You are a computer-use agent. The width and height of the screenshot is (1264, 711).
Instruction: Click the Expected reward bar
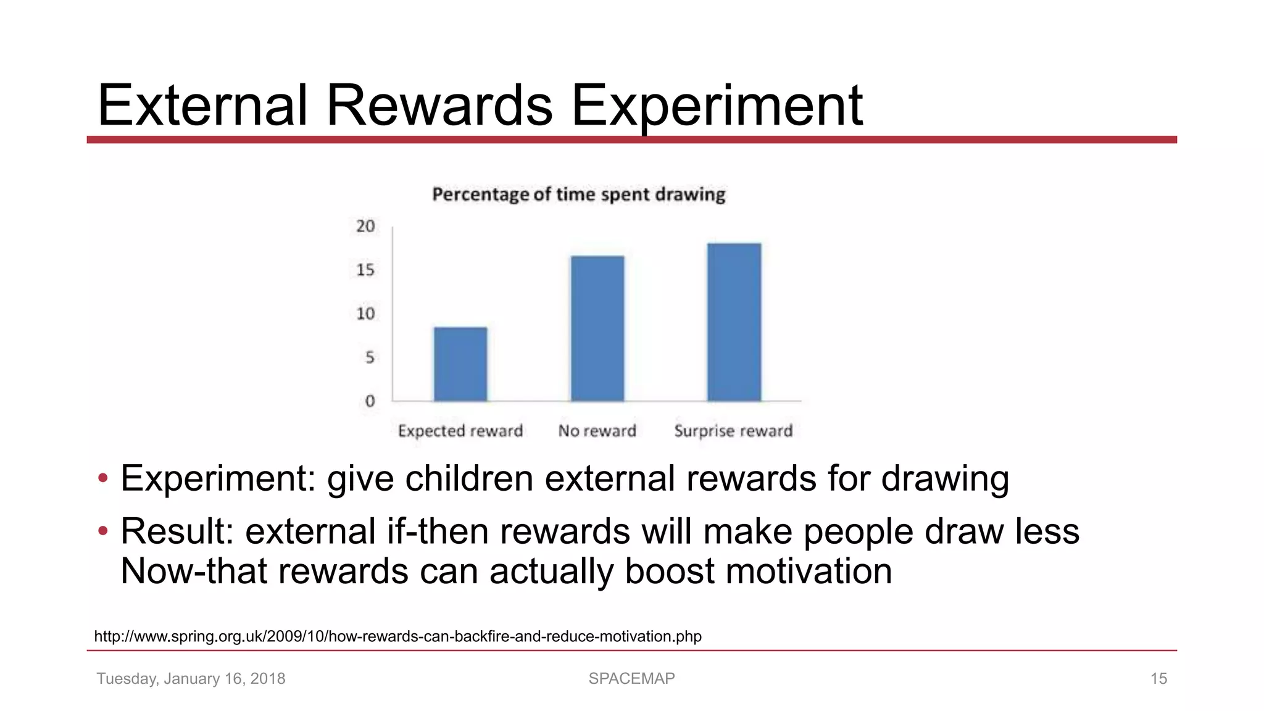coord(460,364)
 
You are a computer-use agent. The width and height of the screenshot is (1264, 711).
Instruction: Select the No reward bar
coord(597,328)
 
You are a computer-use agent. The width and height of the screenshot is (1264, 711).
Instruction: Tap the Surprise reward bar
coord(734,322)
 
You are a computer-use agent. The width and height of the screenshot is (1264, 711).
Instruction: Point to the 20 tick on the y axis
coord(365,227)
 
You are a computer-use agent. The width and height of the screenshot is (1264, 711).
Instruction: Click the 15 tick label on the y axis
coord(365,270)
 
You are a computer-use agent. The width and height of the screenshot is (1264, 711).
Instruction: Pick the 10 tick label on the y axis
coord(365,314)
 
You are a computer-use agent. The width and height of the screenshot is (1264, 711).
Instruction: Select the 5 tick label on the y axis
coord(369,358)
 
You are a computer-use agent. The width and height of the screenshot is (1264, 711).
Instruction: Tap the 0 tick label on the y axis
coord(369,402)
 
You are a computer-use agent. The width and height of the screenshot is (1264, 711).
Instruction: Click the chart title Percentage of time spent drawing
coord(578,195)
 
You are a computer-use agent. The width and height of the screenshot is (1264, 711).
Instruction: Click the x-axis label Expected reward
coord(460,431)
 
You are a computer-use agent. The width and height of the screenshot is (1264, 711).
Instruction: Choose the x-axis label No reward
coord(597,431)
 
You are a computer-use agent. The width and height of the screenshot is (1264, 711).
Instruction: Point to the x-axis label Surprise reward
coord(733,431)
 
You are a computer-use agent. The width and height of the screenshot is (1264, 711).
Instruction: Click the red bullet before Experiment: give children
coord(103,478)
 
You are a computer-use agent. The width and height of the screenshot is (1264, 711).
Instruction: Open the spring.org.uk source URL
coord(397,636)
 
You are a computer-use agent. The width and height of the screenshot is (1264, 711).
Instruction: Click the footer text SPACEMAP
coord(631,678)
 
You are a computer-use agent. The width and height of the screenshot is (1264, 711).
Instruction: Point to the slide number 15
coord(1158,679)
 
